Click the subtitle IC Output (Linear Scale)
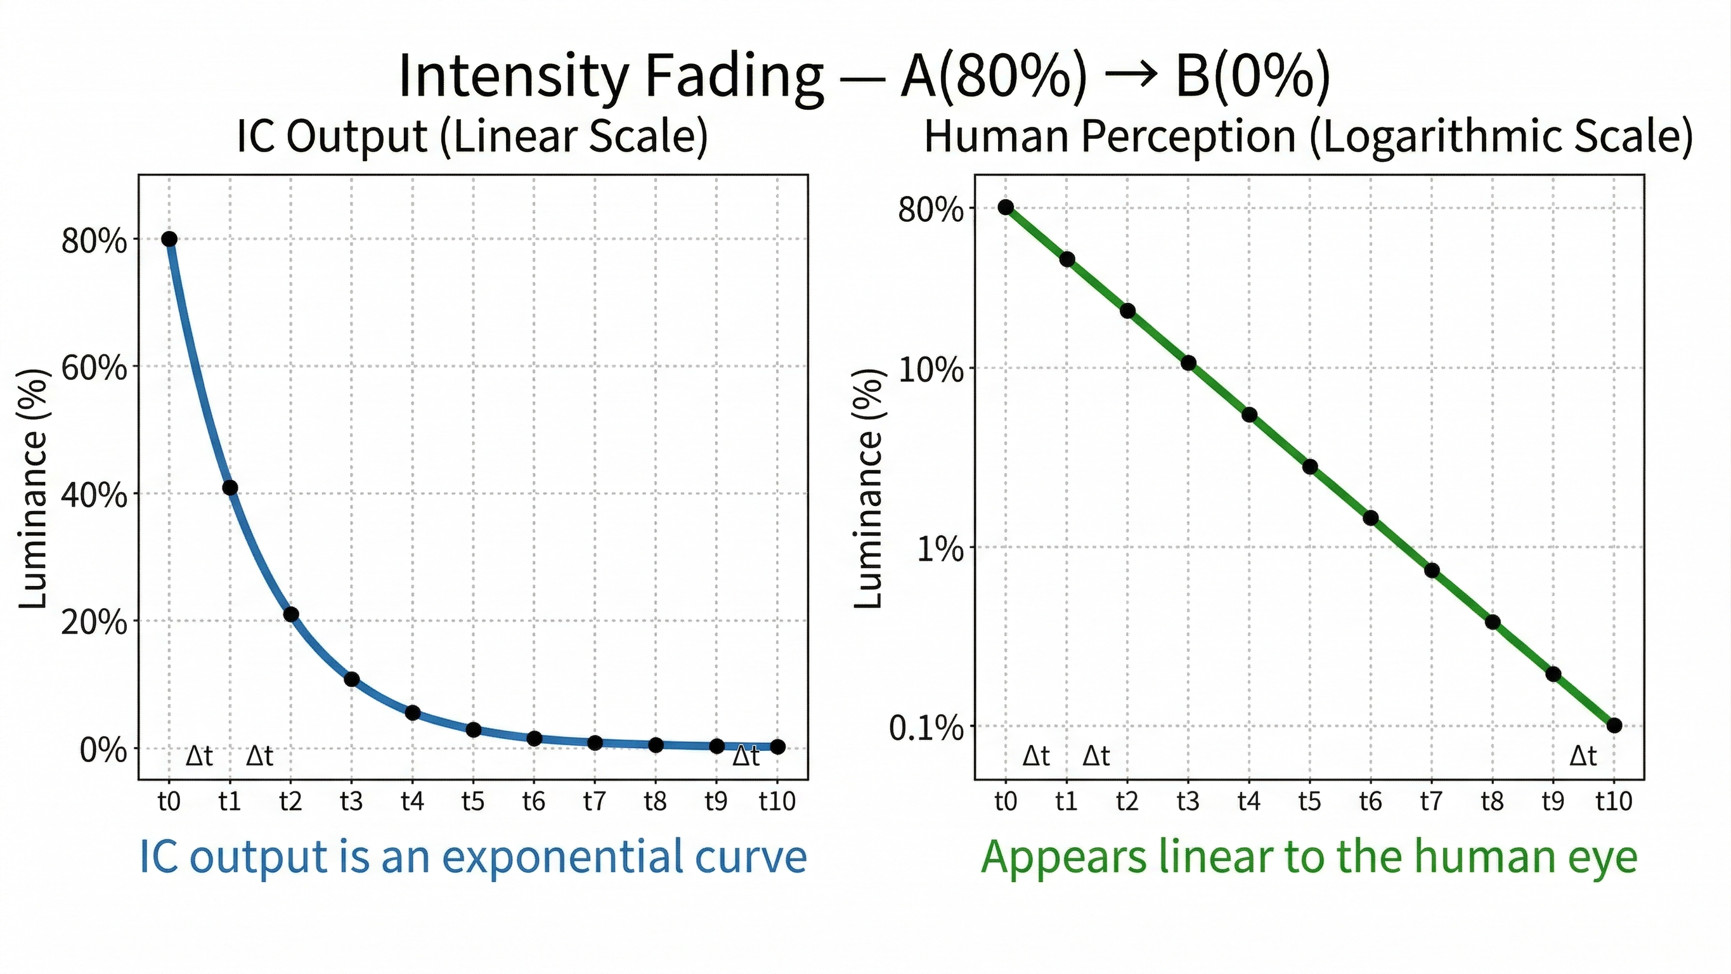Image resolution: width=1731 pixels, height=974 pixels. [x=472, y=136]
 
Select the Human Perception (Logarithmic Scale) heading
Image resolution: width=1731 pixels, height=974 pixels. [x=1307, y=136]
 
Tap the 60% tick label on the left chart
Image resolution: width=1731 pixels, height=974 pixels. [x=94, y=368]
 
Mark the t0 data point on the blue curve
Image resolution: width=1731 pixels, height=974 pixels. [x=169, y=239]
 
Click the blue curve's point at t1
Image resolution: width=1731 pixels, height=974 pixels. [x=230, y=488]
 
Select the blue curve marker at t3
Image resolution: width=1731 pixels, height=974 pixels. [x=351, y=680]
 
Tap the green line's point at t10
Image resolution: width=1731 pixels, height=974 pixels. [x=1614, y=725]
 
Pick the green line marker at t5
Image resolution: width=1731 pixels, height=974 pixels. [x=1310, y=467]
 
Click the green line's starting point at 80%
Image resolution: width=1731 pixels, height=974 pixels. [x=1005, y=207]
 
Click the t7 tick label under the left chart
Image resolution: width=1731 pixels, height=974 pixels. [x=594, y=802]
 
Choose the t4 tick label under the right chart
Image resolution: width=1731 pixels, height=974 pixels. [x=1248, y=802]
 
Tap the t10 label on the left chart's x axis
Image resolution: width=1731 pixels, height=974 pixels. [x=777, y=802]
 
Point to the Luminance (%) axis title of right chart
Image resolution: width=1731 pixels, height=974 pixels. [x=869, y=489]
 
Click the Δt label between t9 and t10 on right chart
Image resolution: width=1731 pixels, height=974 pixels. [x=1583, y=757]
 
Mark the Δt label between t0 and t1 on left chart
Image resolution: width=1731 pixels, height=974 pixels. [x=199, y=757]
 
